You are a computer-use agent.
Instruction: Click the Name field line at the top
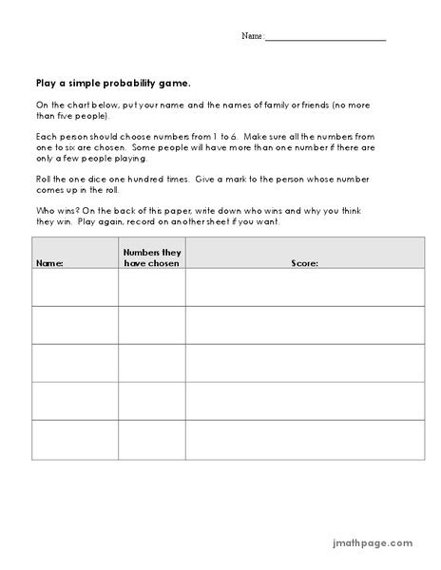[325, 38]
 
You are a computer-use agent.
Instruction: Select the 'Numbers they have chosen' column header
[151, 256]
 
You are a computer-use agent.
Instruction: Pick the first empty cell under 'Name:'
[75, 287]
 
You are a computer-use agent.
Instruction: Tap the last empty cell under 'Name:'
[75, 440]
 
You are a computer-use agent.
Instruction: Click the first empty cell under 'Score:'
[304, 287]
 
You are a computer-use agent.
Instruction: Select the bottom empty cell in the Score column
[304, 440]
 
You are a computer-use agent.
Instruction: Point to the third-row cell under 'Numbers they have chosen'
[151, 363]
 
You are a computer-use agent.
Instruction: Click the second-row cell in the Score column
[304, 325]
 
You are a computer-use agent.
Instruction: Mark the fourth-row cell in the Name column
[75, 401]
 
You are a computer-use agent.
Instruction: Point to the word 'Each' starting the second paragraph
[46, 138]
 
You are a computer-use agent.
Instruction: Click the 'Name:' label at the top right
[252, 36]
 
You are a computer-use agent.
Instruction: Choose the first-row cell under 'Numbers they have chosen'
[151, 287]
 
